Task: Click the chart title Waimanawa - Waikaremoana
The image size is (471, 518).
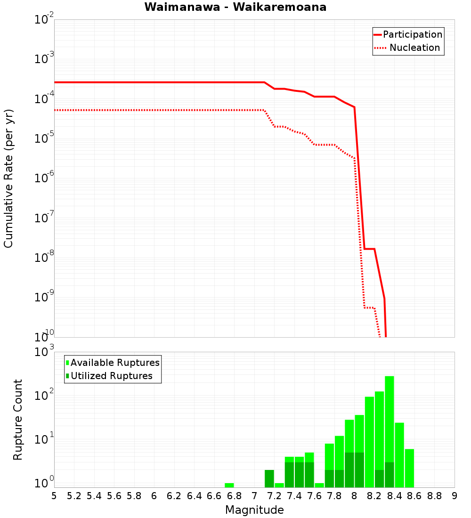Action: tap(235, 7)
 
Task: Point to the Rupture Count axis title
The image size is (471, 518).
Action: tap(18, 420)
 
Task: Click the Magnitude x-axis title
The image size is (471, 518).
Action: tap(254, 510)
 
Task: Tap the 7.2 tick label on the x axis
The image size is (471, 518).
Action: tap(274, 496)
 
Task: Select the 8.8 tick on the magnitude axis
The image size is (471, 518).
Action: tap(434, 496)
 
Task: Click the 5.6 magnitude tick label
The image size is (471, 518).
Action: tap(114, 496)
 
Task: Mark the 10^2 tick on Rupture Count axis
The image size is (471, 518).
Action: tap(45, 395)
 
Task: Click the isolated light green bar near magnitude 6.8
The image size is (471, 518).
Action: tap(229, 485)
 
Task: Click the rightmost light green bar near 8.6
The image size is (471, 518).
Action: tap(409, 468)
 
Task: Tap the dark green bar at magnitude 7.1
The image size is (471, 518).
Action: tap(269, 478)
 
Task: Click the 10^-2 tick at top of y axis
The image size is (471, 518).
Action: tap(44, 20)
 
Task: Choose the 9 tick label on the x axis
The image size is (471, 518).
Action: tap(454, 496)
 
